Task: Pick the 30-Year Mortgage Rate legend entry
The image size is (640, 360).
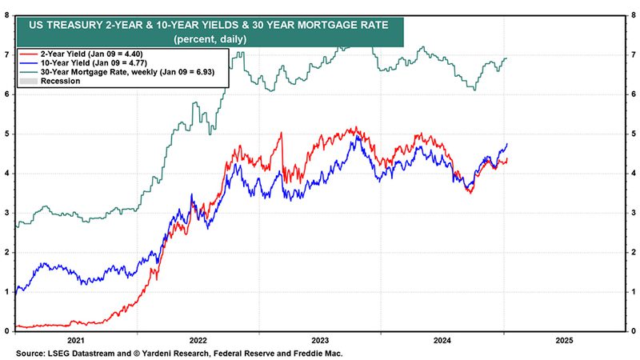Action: point(111,72)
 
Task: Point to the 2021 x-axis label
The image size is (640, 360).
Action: point(76,339)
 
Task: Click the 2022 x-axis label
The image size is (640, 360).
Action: point(198,339)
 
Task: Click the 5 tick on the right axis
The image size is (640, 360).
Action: point(633,134)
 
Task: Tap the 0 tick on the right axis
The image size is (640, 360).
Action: point(633,331)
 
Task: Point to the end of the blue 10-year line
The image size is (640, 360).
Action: point(507,144)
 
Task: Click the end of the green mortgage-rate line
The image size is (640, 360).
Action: point(507,58)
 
